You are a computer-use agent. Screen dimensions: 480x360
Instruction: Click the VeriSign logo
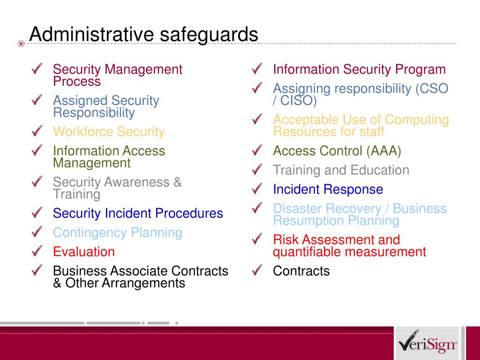pyautogui.click(x=427, y=343)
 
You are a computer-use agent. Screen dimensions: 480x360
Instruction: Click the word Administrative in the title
pyautogui.click(x=91, y=34)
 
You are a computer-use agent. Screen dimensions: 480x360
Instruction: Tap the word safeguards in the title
pyautogui.click(x=209, y=34)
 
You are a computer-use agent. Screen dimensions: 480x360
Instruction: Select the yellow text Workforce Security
pyautogui.click(x=109, y=132)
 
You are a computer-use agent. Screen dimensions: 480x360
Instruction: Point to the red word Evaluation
pyautogui.click(x=84, y=252)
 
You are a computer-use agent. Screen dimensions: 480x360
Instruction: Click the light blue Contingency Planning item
pyautogui.click(x=118, y=233)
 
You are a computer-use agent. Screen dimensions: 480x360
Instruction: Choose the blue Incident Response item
pyautogui.click(x=328, y=189)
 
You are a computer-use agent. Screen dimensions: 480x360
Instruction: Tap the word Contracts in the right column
pyautogui.click(x=301, y=271)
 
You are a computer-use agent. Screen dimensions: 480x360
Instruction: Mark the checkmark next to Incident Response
pyautogui.click(x=257, y=188)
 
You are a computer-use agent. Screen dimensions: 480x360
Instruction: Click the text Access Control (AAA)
pyautogui.click(x=337, y=151)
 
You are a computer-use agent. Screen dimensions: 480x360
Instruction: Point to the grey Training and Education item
pyautogui.click(x=341, y=170)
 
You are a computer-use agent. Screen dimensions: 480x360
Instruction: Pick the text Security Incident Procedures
pyautogui.click(x=138, y=213)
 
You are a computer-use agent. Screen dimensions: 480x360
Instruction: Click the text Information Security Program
pyautogui.click(x=360, y=69)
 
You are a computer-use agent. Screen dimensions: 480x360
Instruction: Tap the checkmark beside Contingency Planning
pyautogui.click(x=37, y=232)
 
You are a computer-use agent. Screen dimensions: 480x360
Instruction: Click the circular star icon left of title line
pyautogui.click(x=21, y=44)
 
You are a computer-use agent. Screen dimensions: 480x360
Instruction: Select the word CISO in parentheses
pyautogui.click(x=296, y=101)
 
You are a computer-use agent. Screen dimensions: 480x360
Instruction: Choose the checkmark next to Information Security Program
pyautogui.click(x=257, y=68)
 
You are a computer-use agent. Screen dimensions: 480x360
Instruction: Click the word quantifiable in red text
pyautogui.click(x=307, y=252)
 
